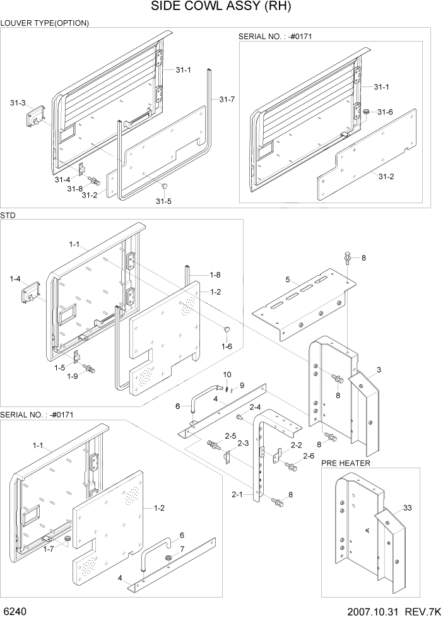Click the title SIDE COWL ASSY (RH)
pos(221,8)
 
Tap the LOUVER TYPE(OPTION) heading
pos(45,23)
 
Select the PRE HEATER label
pos(346,463)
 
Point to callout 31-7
pos(227,100)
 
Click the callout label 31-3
pos(18,102)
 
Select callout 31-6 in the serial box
pos(385,112)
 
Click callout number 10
pos(227,375)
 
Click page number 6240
pos(15,613)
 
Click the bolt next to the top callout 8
pos(346,257)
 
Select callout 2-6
pos(309,456)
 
